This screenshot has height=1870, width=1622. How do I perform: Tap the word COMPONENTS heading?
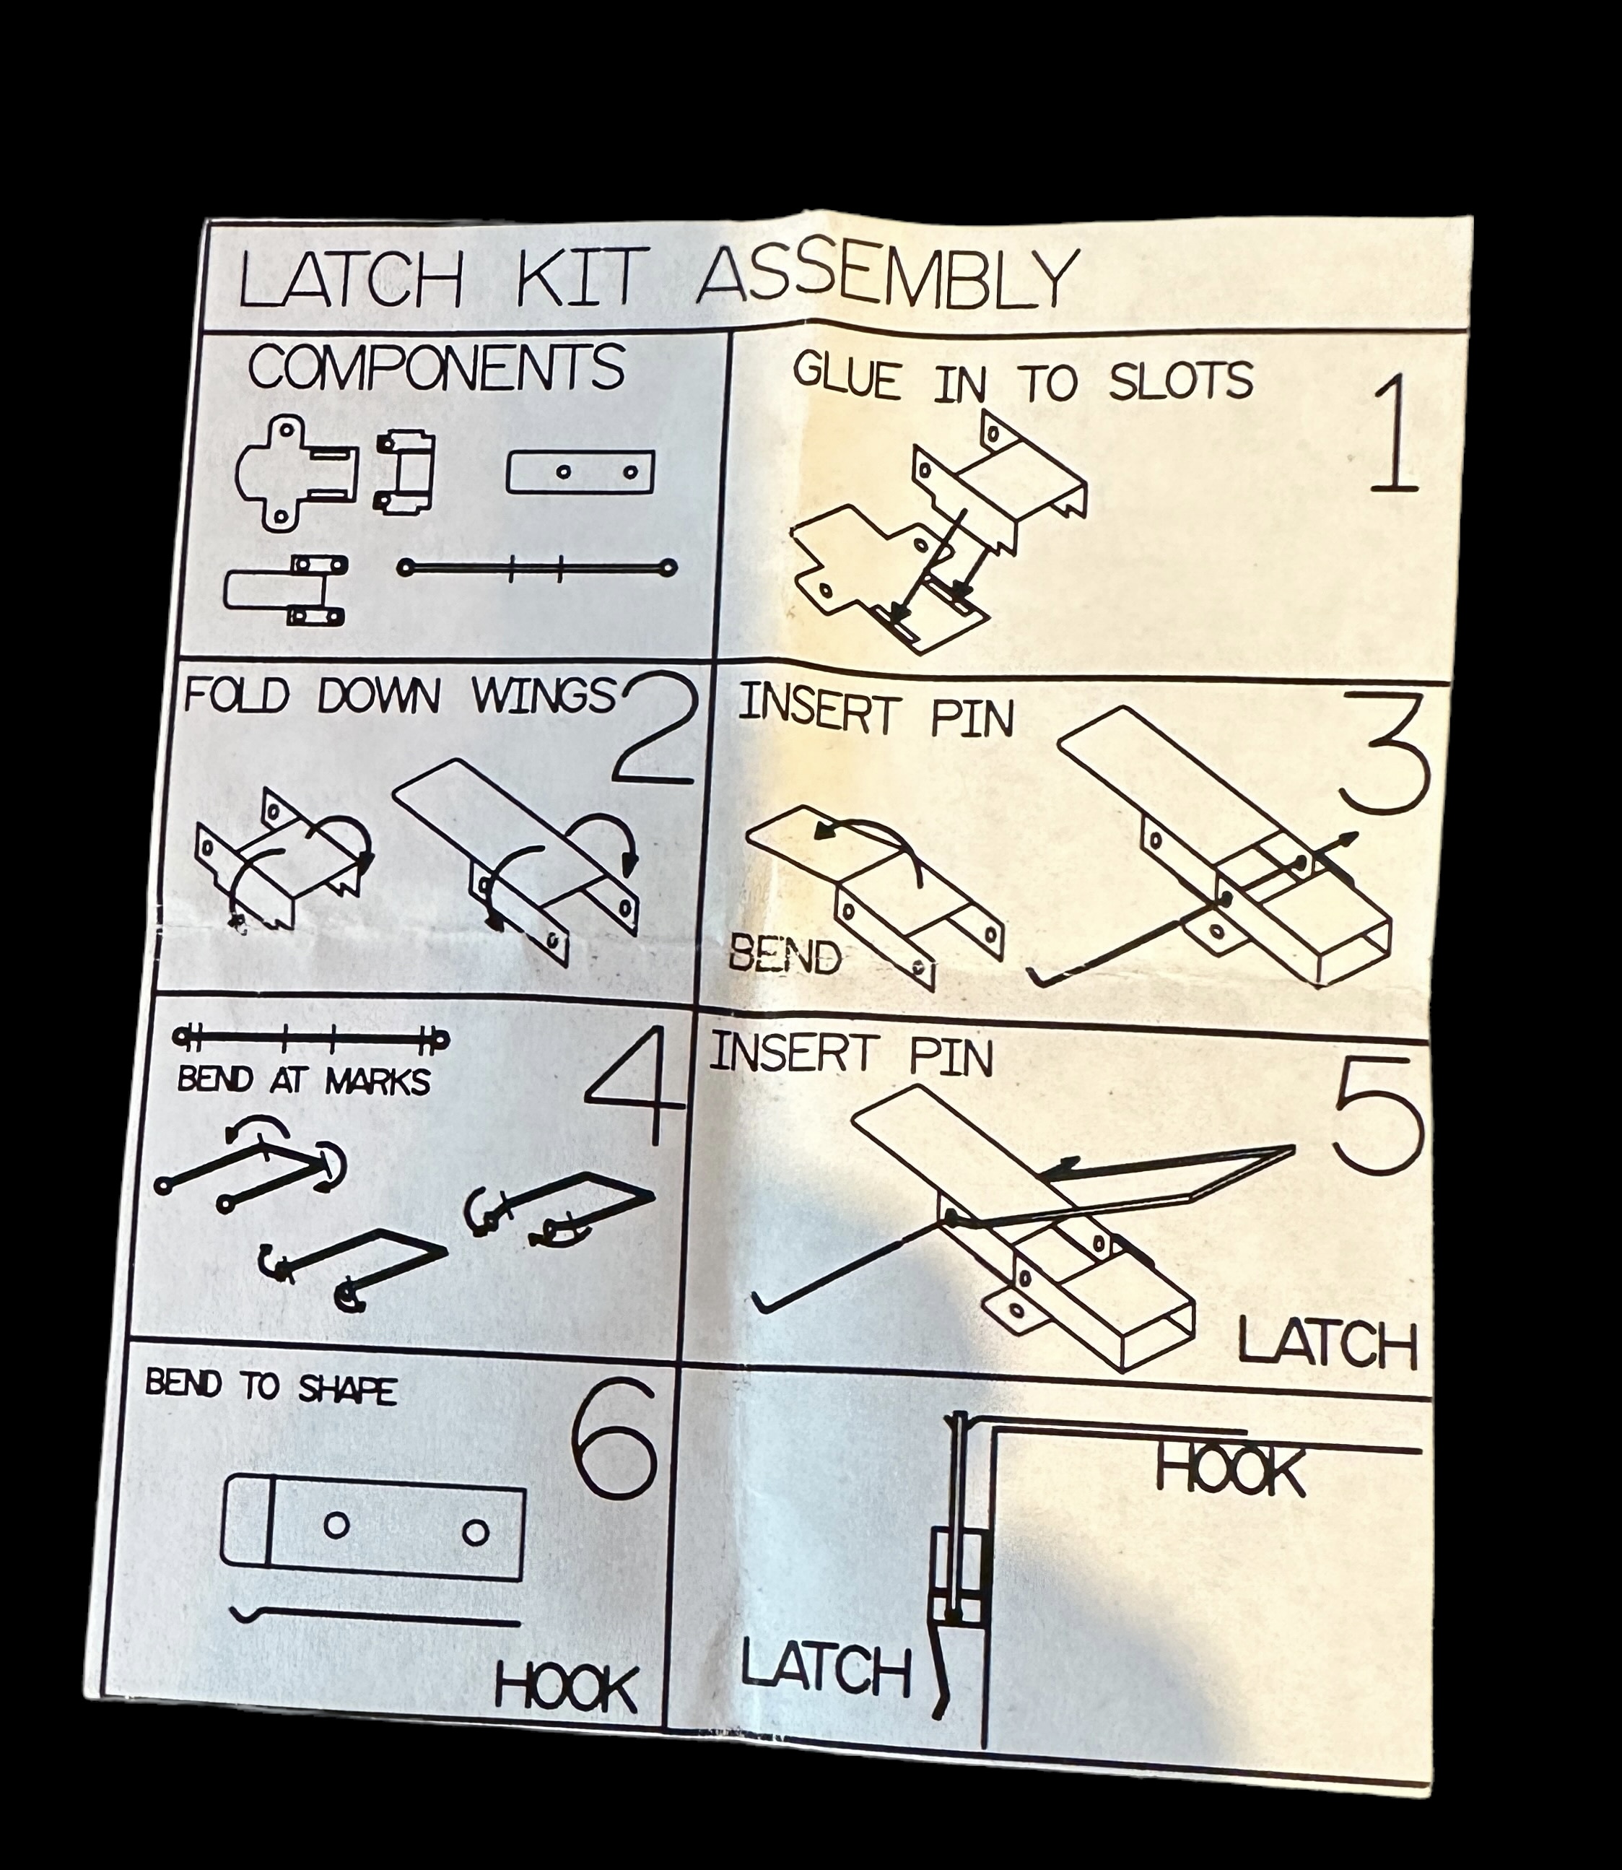click(436, 368)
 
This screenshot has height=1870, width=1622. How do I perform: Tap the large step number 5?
click(1377, 1115)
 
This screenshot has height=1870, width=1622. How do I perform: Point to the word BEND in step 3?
click(785, 956)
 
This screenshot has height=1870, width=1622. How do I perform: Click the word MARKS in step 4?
click(378, 1081)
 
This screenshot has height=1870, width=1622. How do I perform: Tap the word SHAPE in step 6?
click(346, 1388)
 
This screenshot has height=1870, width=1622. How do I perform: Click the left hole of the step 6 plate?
click(336, 1525)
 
